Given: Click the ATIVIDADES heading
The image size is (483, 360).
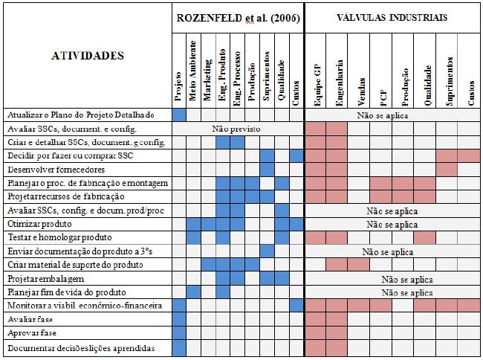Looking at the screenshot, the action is click(x=88, y=56).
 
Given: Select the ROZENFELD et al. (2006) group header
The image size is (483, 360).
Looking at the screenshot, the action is click(x=238, y=18).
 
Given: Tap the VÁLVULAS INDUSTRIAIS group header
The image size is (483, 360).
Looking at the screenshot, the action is click(x=392, y=18).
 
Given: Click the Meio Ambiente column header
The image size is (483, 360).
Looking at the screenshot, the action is click(x=193, y=71).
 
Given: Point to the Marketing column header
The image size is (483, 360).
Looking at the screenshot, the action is click(x=207, y=80).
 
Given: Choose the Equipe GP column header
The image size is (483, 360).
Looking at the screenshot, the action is click(x=317, y=86).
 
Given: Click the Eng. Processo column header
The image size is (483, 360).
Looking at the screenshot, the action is click(x=237, y=79).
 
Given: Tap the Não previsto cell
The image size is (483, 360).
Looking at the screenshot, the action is click(x=236, y=129).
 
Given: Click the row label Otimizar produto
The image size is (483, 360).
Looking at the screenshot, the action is click(x=39, y=224).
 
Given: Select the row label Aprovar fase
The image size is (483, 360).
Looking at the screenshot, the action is click(x=32, y=333).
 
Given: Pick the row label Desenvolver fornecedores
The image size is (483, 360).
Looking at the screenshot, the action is click(x=56, y=170).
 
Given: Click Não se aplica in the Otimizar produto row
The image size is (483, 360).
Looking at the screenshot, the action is click(x=392, y=225).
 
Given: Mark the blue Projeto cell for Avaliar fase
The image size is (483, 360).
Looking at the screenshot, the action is click(x=179, y=319).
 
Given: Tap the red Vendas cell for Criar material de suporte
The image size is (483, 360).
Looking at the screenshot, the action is click(x=359, y=265).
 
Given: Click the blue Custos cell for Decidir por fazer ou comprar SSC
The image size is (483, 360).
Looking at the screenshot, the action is click(x=296, y=156).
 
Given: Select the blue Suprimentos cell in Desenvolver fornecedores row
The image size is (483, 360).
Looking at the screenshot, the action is click(x=267, y=170).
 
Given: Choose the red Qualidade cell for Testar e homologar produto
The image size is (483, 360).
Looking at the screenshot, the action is click(x=425, y=237).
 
